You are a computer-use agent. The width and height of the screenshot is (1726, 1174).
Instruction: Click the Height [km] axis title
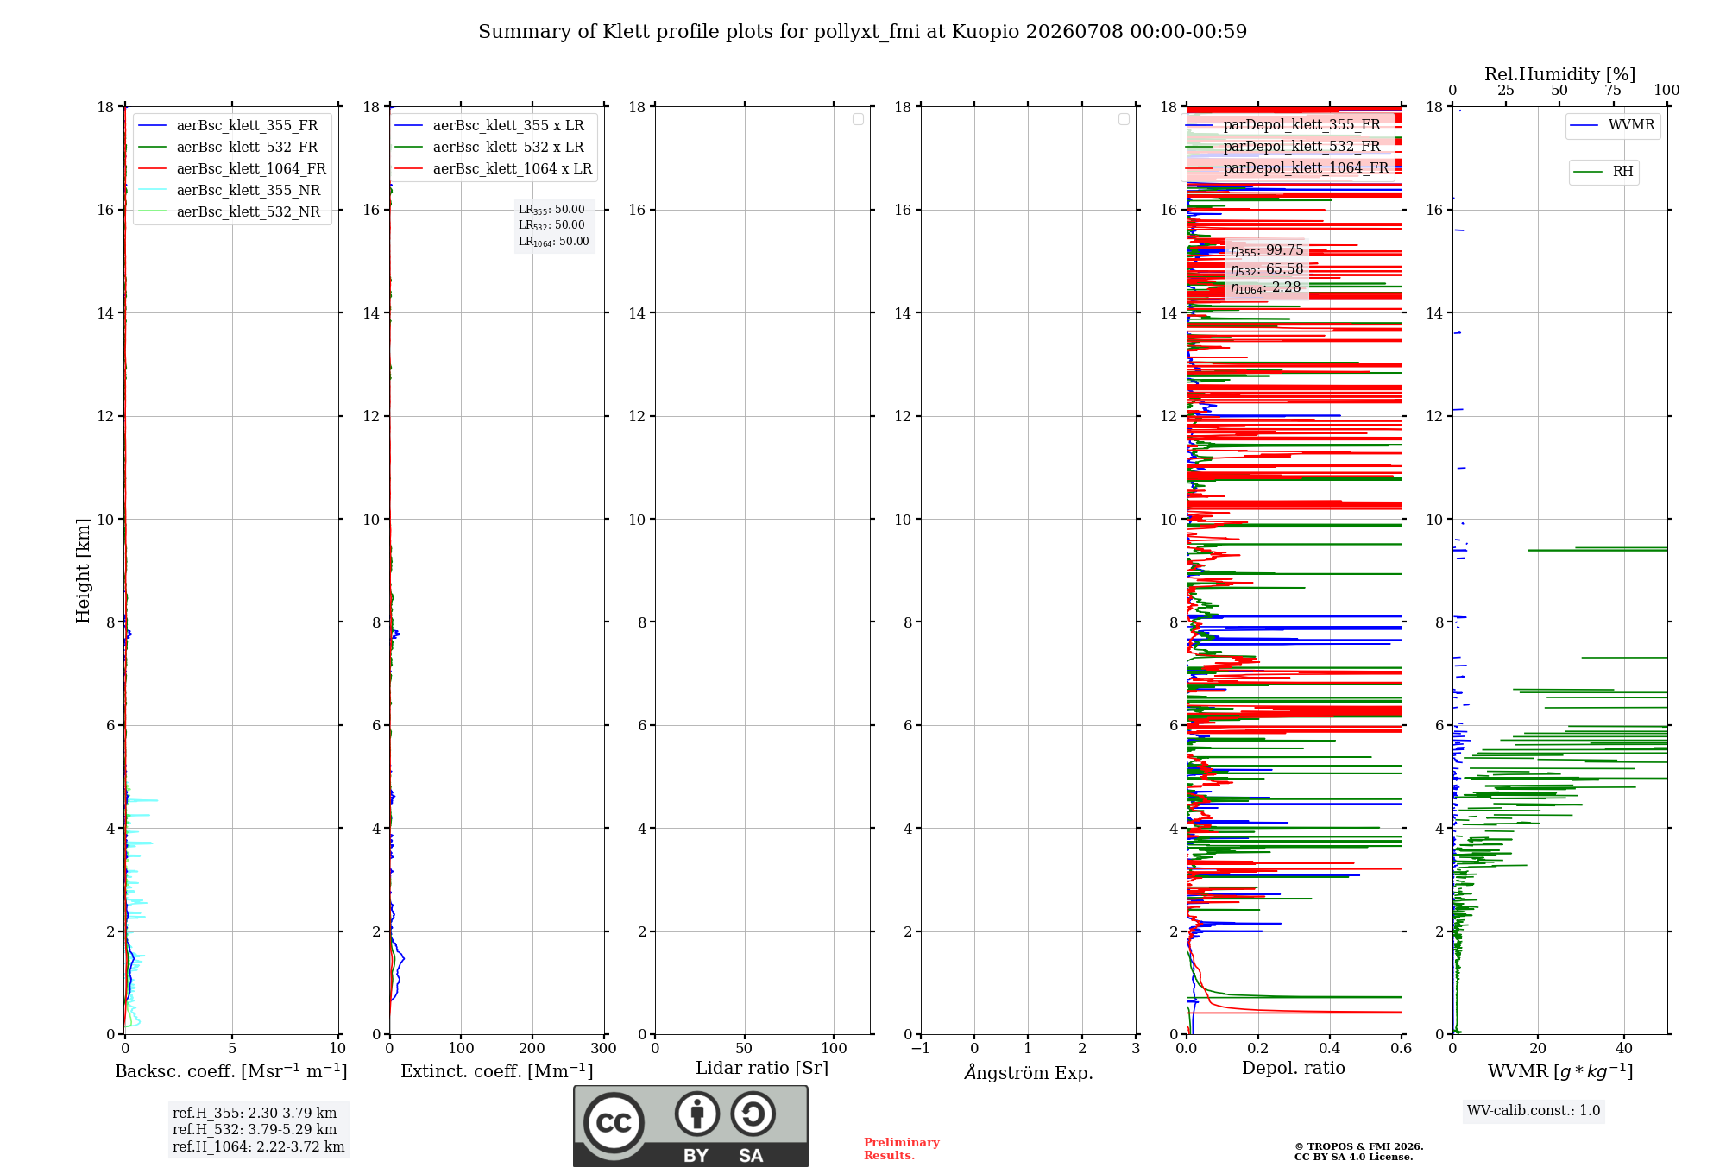click(83, 571)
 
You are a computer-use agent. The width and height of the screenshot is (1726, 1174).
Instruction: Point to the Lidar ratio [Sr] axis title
click(762, 1069)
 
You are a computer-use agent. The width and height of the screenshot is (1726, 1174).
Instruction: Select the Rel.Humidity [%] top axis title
click(1559, 74)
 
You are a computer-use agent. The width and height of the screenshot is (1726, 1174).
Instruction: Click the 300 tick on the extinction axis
click(603, 1048)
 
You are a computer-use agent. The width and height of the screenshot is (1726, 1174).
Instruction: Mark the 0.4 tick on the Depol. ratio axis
click(1330, 1048)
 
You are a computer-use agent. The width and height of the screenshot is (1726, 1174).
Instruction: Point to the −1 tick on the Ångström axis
click(920, 1048)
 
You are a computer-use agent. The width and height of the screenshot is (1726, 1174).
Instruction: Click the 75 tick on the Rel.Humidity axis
click(1612, 90)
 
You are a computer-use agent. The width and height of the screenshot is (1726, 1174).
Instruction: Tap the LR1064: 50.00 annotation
click(553, 242)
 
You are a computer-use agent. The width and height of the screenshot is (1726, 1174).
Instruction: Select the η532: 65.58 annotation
click(1267, 269)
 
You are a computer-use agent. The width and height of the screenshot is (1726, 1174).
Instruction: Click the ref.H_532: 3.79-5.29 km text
click(255, 1129)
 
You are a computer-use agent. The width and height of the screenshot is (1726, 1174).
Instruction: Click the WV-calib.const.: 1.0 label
click(1534, 1111)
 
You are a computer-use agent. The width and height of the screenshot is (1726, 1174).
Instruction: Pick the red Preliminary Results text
click(902, 1149)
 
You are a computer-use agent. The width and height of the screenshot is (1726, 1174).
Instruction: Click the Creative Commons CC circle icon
click(614, 1122)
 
